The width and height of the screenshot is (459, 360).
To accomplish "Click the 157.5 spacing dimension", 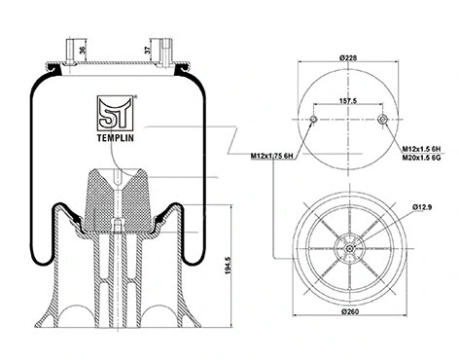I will (349, 99).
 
